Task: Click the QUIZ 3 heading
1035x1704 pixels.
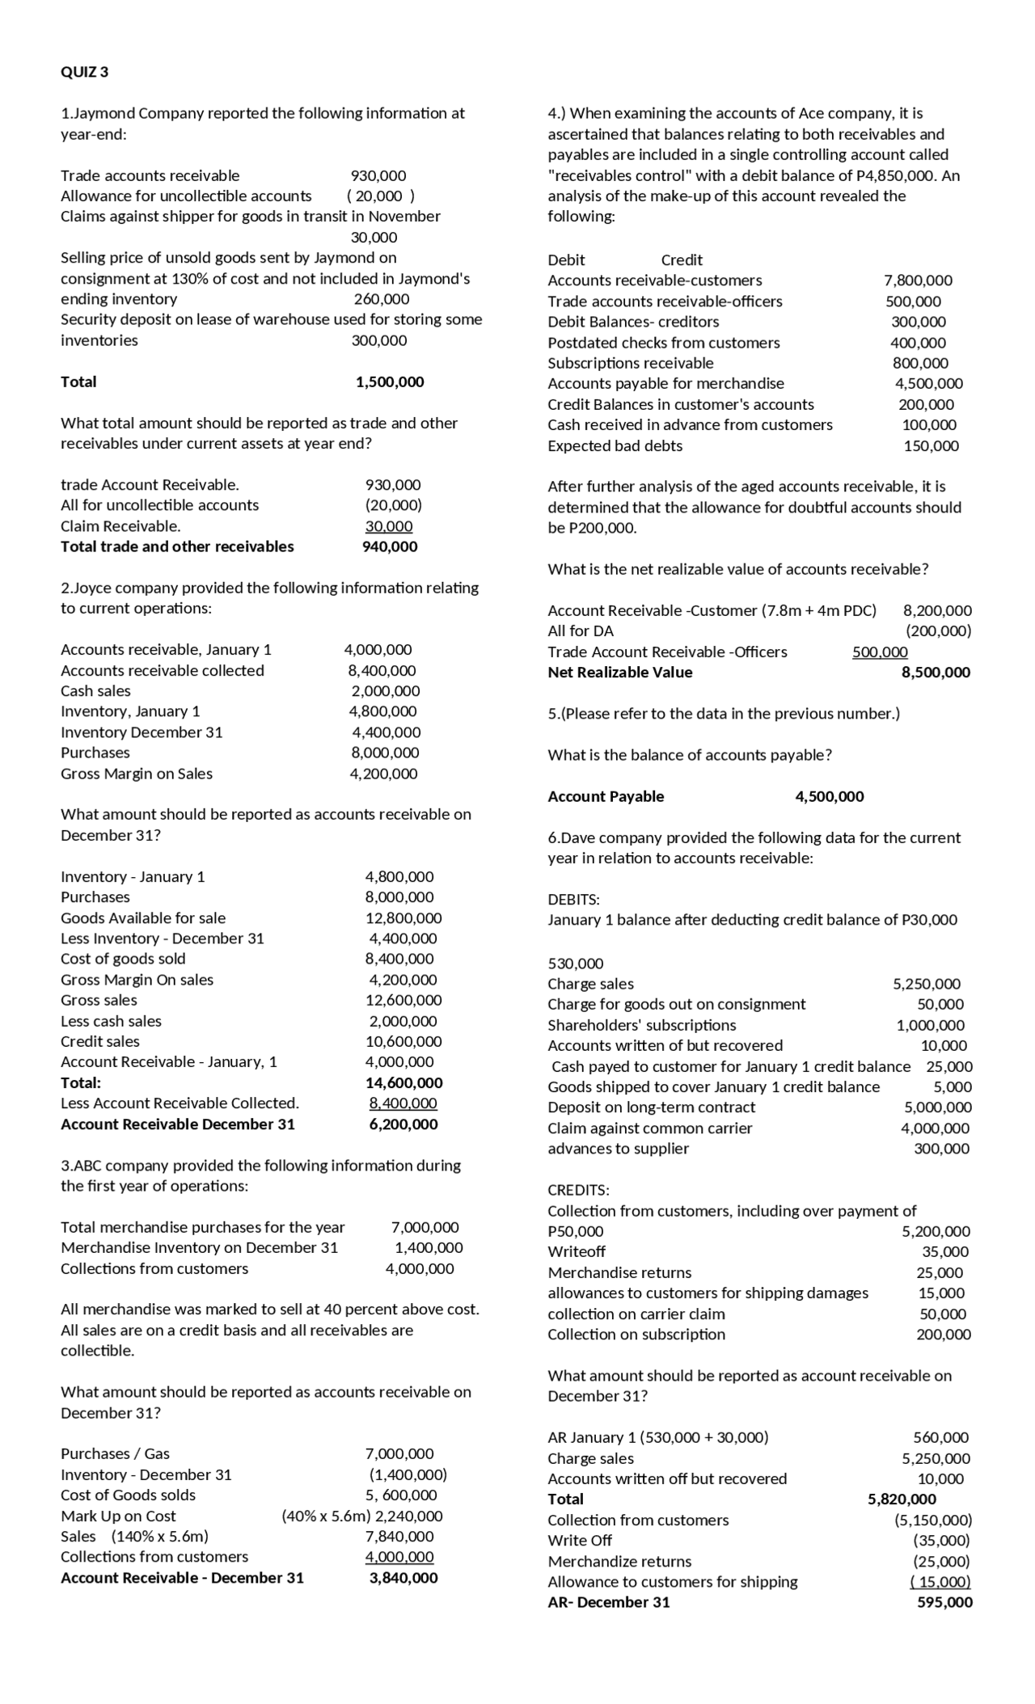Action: point(85,72)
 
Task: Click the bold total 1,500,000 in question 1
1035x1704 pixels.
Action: point(390,382)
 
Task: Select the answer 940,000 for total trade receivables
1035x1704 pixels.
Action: point(390,546)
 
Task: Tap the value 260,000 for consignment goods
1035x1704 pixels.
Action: point(382,299)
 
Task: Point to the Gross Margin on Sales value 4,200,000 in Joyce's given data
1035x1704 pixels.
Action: point(383,774)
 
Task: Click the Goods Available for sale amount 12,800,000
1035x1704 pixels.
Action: point(403,918)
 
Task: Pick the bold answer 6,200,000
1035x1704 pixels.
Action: point(403,1124)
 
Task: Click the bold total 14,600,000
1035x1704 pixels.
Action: point(403,1083)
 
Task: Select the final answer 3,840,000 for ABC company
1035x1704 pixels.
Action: point(403,1578)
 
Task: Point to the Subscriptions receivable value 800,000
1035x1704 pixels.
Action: point(920,364)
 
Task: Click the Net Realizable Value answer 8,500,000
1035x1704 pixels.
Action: point(936,673)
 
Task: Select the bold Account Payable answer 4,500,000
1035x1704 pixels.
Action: point(830,796)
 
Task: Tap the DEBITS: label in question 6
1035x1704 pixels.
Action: point(573,900)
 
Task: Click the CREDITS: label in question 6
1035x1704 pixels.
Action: point(579,1190)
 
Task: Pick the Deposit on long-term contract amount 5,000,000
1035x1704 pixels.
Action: point(938,1107)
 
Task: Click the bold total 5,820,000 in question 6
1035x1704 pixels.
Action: point(902,1499)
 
